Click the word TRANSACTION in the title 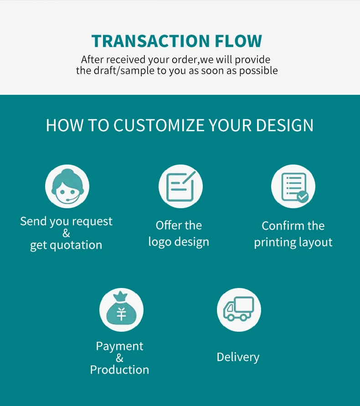tap(150, 41)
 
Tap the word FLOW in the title tap(238, 41)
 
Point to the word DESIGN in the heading tap(285, 125)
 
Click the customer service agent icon tap(67, 186)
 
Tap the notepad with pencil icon tap(180, 186)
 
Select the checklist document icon tap(293, 186)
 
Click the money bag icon tap(121, 310)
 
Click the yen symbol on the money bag tap(121, 314)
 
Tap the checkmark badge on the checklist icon tap(303, 197)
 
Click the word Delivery tap(238, 357)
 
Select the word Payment tap(119, 346)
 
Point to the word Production tap(119, 370)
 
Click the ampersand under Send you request tap(66, 233)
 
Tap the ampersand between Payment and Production tap(119, 358)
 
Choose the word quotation tap(76, 245)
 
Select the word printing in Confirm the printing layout tap(275, 242)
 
